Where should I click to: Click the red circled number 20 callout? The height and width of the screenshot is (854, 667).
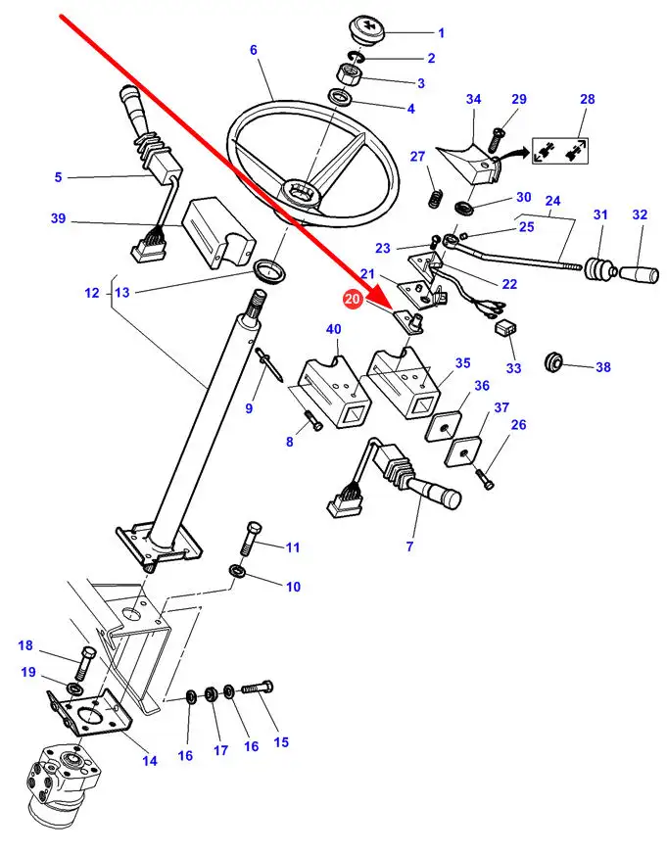pos(353,299)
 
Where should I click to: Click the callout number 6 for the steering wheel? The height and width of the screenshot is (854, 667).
pos(254,50)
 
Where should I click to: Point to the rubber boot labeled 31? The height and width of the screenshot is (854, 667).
pos(600,269)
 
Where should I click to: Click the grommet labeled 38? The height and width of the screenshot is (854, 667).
pos(554,361)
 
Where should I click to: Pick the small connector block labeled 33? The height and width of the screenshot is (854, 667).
pos(505,328)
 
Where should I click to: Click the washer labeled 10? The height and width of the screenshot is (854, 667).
pos(237,572)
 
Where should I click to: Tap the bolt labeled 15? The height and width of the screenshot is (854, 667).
pos(257,688)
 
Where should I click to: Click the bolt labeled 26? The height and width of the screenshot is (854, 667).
pos(485,479)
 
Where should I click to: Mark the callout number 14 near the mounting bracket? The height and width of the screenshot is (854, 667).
pos(150,761)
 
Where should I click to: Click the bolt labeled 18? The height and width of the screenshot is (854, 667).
pos(82,663)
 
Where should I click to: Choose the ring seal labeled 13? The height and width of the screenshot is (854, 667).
pos(269,271)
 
